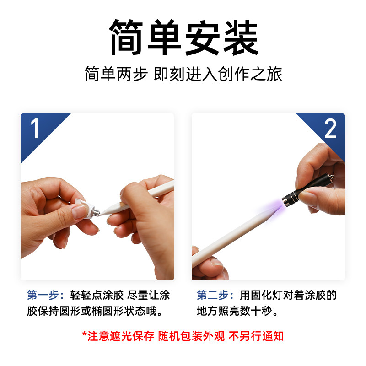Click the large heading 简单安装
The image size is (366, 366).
pyautogui.click(x=184, y=38)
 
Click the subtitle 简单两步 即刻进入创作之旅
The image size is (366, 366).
pyautogui.click(x=183, y=74)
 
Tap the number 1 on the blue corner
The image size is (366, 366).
pyautogui.click(x=35, y=128)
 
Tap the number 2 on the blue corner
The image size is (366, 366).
pyautogui.click(x=330, y=129)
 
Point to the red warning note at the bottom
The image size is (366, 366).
pyautogui.click(x=183, y=336)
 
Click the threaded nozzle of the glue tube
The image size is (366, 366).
pyautogui.click(x=96, y=212)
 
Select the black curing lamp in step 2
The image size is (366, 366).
pyautogui.click(x=307, y=190)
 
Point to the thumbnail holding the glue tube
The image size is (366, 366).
pyautogui.click(x=79, y=211)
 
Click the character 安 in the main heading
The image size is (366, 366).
pyautogui.click(x=202, y=38)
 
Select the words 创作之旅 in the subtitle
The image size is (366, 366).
pyautogui.click(x=250, y=74)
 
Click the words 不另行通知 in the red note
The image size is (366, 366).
pyautogui.click(x=256, y=336)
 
